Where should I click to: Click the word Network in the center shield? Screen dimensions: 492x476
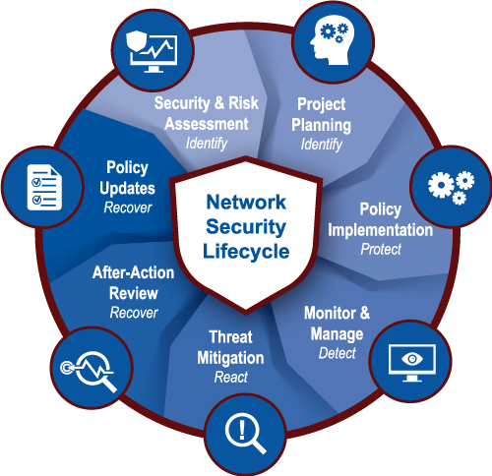point(246,202)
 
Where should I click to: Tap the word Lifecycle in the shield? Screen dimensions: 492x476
point(246,252)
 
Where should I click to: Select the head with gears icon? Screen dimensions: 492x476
point(333,42)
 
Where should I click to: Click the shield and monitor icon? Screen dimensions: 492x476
point(152,51)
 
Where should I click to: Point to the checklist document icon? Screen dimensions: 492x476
point(44,187)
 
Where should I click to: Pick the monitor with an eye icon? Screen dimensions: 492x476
point(412,363)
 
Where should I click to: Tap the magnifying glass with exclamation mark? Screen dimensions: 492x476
point(245,433)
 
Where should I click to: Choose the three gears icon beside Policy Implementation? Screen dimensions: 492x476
point(452,188)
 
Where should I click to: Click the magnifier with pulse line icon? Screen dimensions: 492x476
point(89,371)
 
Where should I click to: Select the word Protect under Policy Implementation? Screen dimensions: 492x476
point(381,250)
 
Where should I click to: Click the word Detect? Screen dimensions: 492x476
point(338,353)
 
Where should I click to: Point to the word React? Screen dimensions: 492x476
point(231,377)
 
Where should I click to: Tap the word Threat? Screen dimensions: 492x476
point(231,337)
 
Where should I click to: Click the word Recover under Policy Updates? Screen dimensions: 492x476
point(128,208)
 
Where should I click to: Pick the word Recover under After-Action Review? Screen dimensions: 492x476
point(134,313)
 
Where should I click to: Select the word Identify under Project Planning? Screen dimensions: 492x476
point(322,145)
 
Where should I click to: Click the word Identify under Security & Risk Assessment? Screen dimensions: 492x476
point(207,144)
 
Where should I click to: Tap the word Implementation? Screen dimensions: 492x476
point(381,230)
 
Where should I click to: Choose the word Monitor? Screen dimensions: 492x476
point(330,313)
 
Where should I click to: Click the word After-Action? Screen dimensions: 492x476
point(133,272)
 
